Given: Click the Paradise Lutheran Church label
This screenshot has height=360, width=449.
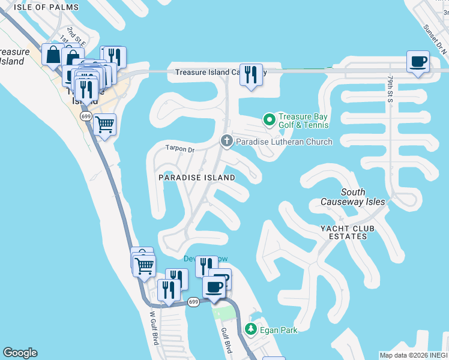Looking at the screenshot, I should pyautogui.click(x=283, y=142).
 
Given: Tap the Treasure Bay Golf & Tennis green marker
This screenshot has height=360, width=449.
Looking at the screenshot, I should pyautogui.click(x=269, y=120).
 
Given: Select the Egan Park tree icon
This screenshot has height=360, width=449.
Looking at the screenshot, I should pyautogui.click(x=250, y=329).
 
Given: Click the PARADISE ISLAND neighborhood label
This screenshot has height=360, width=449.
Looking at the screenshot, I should pyautogui.click(x=196, y=178).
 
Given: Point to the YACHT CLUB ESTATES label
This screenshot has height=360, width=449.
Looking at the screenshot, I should pyautogui.click(x=352, y=233).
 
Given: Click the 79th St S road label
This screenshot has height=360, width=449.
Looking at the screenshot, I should pyautogui.click(x=390, y=89).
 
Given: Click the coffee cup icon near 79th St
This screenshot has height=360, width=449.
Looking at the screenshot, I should pyautogui.click(x=418, y=61).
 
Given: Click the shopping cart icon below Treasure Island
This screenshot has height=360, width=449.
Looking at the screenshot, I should pyautogui.click(x=105, y=124).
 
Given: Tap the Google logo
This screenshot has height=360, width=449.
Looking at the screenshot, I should pyautogui.click(x=20, y=353).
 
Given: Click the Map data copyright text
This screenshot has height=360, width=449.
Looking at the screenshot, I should pyautogui.click(x=413, y=355).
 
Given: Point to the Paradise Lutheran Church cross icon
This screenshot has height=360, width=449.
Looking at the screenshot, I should pyautogui.click(x=226, y=141).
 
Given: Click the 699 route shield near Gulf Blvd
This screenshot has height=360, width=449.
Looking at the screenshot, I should pyautogui.click(x=193, y=302).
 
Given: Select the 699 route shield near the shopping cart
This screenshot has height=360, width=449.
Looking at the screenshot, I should pyautogui.click(x=86, y=116).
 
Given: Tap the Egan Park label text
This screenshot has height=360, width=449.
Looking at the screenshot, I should pyautogui.click(x=279, y=329).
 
